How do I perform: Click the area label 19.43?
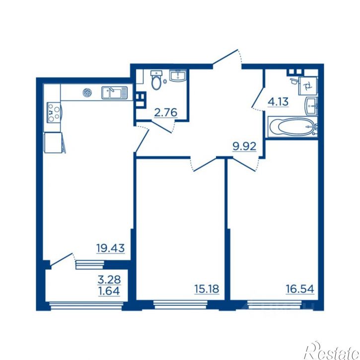(110, 248)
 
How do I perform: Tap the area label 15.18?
(207, 289)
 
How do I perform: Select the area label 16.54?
(300, 289)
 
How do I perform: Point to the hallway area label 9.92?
(244, 146)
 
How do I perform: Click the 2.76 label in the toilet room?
(166, 113)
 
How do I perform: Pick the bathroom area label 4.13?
(278, 101)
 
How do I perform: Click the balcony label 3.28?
(109, 280)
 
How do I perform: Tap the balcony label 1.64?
(109, 291)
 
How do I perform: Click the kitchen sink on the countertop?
(114, 93)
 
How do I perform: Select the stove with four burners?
(54, 112)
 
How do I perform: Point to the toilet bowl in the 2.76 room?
(156, 80)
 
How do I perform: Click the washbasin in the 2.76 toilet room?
(178, 75)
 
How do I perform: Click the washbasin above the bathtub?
(311, 106)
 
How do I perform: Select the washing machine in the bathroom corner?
(308, 85)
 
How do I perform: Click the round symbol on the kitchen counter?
(87, 92)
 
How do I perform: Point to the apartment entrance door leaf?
(225, 57)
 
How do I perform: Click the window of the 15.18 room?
(180, 305)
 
